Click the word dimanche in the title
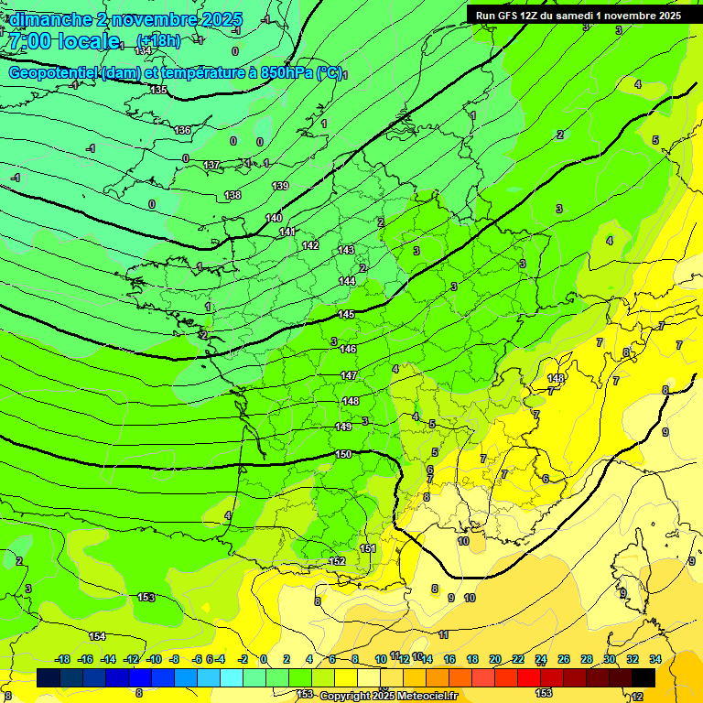[49, 19]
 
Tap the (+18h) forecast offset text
[158, 40]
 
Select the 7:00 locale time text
[64, 41]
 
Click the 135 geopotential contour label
[158, 90]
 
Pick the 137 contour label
[211, 165]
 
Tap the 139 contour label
[280, 186]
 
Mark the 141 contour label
[287, 232]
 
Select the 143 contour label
[346, 250]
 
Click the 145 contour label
[347, 314]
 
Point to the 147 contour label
[349, 375]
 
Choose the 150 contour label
[343, 454]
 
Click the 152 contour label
[337, 561]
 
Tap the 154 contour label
[97, 635]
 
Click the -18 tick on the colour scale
[62, 659]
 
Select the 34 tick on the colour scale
[655, 659]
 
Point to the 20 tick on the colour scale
[495, 659]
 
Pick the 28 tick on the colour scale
[587, 659]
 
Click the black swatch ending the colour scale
[644, 677]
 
